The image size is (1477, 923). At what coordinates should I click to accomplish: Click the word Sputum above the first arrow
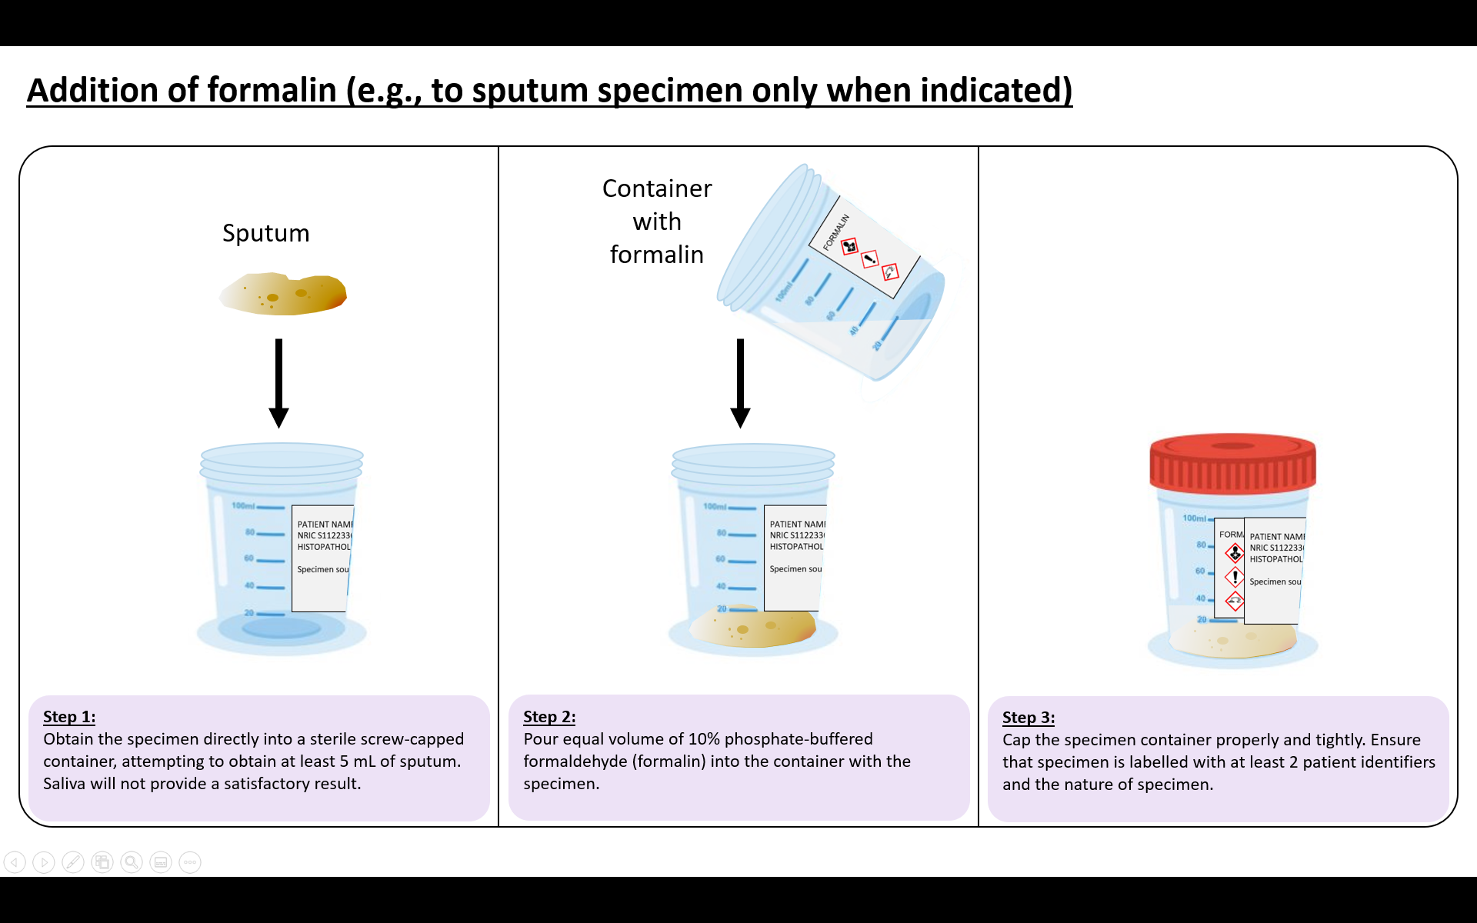tap(265, 233)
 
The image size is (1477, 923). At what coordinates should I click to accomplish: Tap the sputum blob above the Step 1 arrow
tap(284, 294)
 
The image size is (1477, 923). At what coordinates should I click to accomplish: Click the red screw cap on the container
tap(1232, 463)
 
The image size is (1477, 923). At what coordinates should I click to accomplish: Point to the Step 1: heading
tap(69, 717)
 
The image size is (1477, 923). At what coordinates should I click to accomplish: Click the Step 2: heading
tap(549, 717)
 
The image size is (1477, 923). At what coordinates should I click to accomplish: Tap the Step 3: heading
tap(1029, 718)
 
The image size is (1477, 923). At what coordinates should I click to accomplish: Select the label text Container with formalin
tap(657, 222)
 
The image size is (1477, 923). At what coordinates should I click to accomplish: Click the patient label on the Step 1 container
tap(322, 558)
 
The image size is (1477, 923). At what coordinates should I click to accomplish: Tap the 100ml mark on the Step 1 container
tap(244, 506)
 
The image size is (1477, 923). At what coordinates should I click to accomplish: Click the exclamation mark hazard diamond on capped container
tap(1235, 577)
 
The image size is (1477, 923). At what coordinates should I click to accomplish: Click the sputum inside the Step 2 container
tap(752, 626)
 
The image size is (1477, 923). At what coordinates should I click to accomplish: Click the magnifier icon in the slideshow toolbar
tap(132, 862)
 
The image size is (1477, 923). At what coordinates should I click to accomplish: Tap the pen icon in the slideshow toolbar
tap(73, 862)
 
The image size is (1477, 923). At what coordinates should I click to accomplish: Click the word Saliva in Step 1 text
tap(64, 784)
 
